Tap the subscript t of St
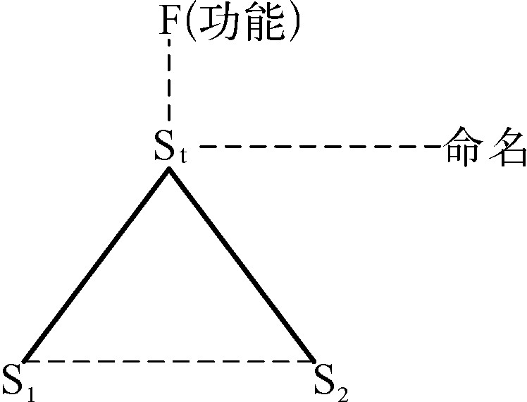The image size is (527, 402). click(x=182, y=155)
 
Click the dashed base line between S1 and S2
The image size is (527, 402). click(x=169, y=362)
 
